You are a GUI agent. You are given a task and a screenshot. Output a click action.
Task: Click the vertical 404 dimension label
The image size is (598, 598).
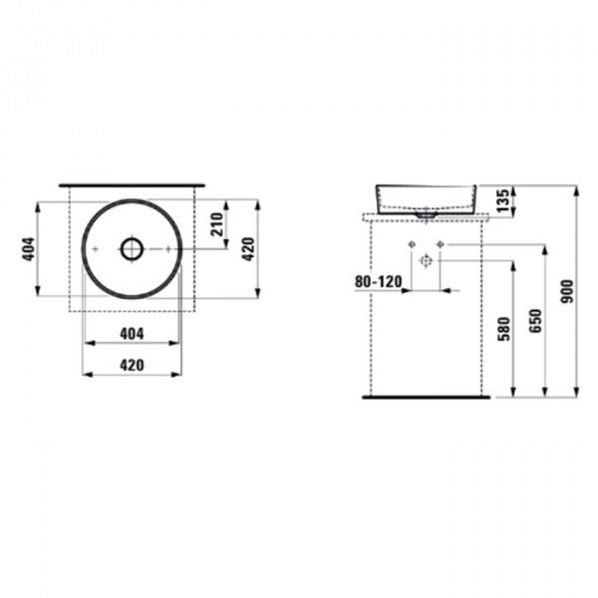29,249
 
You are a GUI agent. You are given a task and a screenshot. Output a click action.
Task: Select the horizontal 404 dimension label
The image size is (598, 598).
132,334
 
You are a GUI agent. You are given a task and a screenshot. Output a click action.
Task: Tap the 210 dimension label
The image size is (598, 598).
216,224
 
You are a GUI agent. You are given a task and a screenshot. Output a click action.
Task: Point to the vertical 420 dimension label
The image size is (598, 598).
248,249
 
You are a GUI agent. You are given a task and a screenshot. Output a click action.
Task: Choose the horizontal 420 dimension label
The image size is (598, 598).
132,366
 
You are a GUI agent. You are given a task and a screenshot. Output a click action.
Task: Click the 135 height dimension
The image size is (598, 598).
503,200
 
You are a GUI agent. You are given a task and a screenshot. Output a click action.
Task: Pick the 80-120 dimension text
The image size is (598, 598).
379,282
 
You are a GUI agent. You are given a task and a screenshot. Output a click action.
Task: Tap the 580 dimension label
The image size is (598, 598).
504,329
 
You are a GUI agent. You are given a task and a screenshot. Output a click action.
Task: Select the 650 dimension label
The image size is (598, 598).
535,321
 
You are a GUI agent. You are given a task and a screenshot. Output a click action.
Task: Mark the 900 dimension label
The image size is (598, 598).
567,291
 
